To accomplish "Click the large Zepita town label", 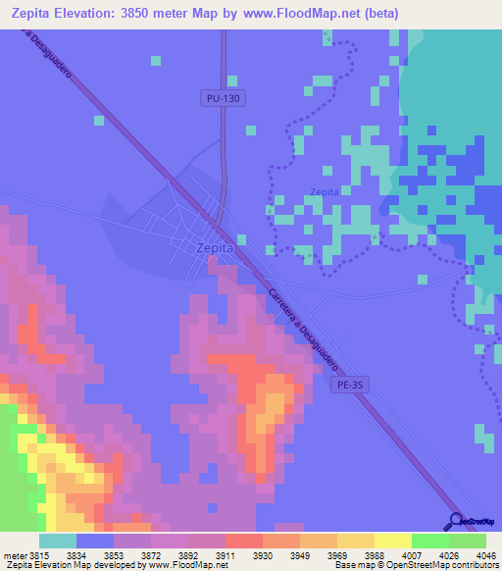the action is tap(215, 249).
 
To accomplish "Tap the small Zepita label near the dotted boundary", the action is tap(325, 192).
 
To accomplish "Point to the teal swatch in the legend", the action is tap(58, 541).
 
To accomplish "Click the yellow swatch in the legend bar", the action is tap(392, 541).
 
